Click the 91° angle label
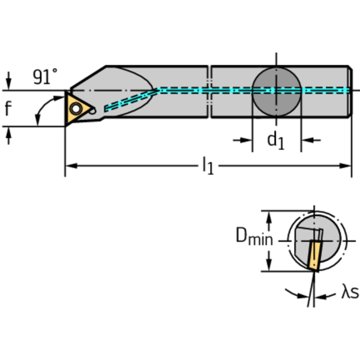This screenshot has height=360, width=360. click(45, 76)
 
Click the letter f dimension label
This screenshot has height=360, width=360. click(8, 109)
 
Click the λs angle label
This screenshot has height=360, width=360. click(349, 293)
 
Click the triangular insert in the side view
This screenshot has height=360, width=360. click(77, 109)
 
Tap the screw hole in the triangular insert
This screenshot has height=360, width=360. click(75, 109)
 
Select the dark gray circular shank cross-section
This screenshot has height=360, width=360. click(276, 90)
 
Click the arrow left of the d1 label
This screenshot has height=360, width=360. click(245, 140)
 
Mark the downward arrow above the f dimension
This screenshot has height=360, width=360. click(8, 80)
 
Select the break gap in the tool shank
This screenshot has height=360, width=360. click(210, 92)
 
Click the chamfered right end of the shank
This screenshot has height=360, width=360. click(350, 92)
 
